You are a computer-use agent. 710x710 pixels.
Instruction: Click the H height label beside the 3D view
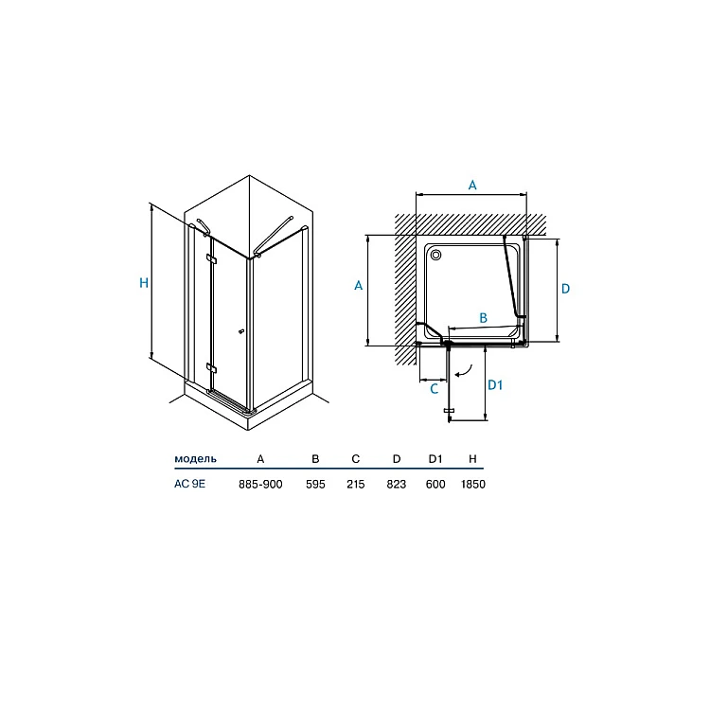pos(144,283)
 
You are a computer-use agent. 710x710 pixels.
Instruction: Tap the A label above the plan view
pos(472,185)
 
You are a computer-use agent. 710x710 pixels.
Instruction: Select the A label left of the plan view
pos(358,285)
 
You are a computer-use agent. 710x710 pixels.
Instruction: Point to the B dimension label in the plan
pos(483,318)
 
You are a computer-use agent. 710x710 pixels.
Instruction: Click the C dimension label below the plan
pos(434,389)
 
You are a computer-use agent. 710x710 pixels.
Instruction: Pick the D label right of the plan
pos(565,289)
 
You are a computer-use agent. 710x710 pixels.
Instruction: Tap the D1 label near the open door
pos(495,385)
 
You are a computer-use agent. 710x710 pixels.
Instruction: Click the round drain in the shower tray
pos(436,255)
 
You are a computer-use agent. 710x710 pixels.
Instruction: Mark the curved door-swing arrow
pos(464,371)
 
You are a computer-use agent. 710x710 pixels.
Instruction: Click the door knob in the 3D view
pos(240,332)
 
